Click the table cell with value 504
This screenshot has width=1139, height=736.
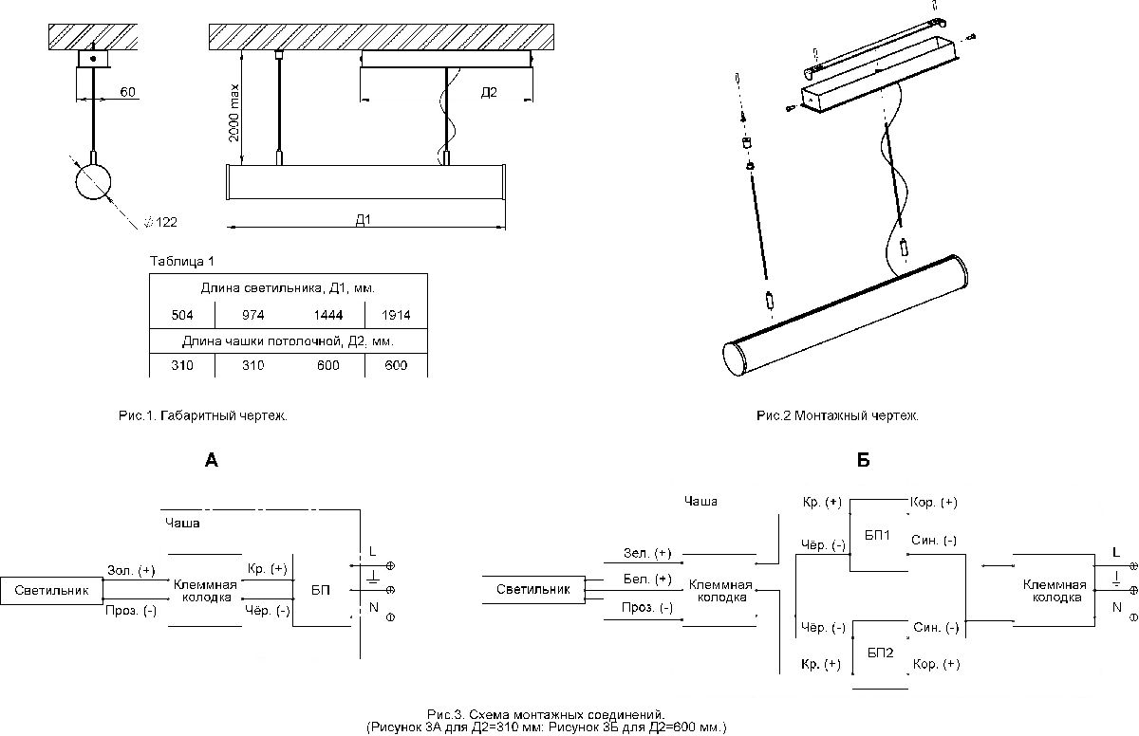(x=181, y=315)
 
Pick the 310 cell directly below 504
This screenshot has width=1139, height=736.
(x=181, y=366)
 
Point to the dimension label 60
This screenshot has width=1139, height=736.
(x=129, y=93)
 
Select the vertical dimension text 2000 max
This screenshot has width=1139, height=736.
(x=233, y=114)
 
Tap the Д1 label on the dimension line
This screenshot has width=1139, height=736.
(x=363, y=220)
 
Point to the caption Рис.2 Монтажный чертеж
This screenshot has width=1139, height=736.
(x=837, y=415)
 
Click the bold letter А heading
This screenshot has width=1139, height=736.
(x=211, y=461)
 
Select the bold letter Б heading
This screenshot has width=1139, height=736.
(x=863, y=461)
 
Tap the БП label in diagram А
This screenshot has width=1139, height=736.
(x=321, y=590)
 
